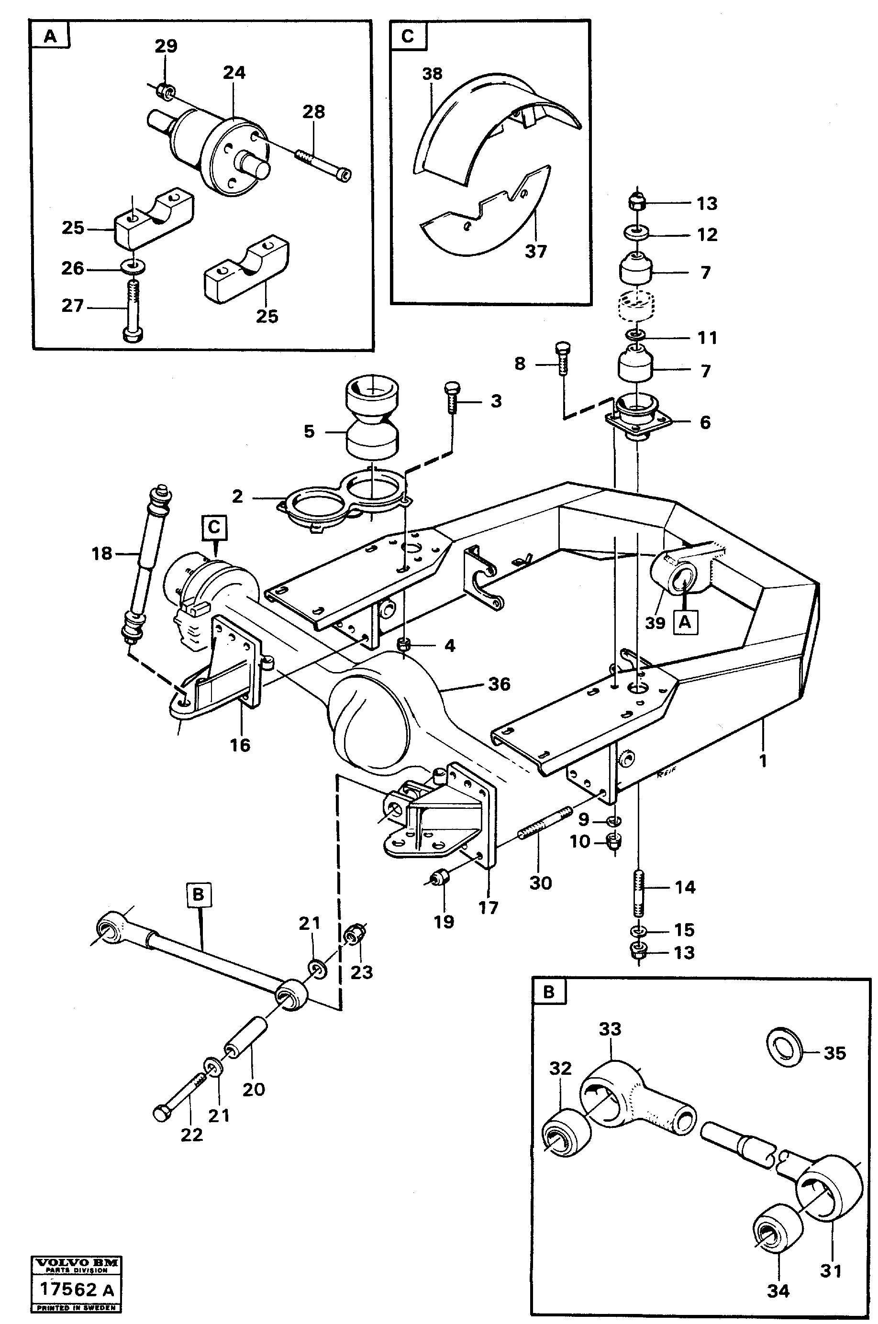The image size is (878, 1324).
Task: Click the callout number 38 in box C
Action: point(432,74)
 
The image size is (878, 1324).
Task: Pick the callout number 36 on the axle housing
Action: point(499,684)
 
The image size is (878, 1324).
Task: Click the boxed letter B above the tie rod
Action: point(198,894)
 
